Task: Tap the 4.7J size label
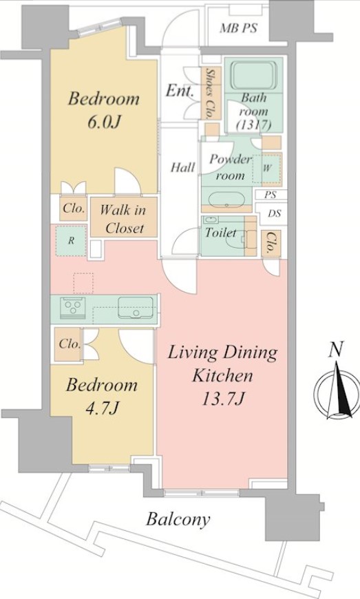click(103, 408)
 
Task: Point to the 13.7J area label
click(223, 399)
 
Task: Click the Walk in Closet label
click(123, 219)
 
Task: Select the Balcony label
click(178, 519)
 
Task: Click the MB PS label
click(239, 28)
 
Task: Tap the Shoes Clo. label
click(210, 93)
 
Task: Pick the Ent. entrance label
click(180, 90)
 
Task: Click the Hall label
click(182, 167)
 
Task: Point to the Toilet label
click(221, 232)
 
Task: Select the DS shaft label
click(274, 213)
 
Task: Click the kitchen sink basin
click(136, 308)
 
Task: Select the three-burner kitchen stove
click(72, 307)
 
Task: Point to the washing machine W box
click(267, 168)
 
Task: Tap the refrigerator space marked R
click(71, 241)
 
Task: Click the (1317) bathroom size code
click(253, 124)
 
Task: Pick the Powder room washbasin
click(226, 199)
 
